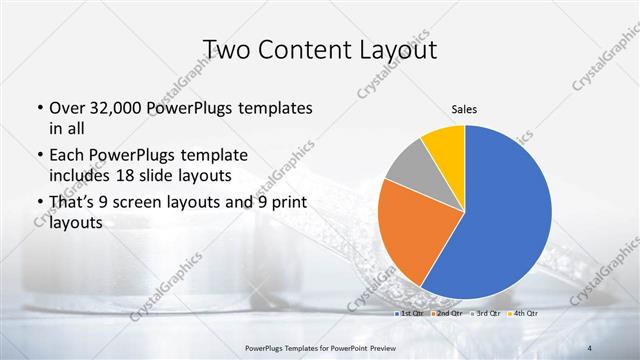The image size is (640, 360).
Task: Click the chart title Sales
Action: (x=464, y=108)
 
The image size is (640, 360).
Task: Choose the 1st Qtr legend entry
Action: (x=408, y=314)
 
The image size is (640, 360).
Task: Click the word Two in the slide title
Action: (x=227, y=49)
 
